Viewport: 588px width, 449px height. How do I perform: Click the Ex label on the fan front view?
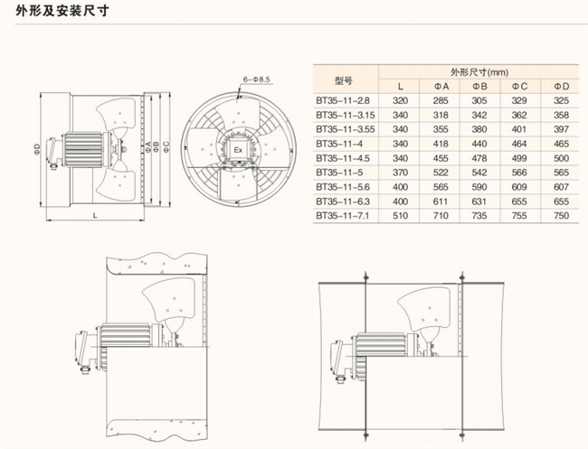click(238, 148)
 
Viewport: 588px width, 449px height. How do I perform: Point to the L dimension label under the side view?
click(94, 216)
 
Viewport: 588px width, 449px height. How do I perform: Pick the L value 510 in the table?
click(400, 216)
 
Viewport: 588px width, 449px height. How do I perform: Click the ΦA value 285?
click(441, 100)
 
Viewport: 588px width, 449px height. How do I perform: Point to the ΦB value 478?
click(479, 158)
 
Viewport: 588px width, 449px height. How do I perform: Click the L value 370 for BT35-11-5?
click(400, 173)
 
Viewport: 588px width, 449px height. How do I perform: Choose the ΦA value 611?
click(441, 201)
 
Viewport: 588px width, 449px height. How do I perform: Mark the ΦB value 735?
click(479, 216)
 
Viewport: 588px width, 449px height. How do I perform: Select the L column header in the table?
click(400, 85)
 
